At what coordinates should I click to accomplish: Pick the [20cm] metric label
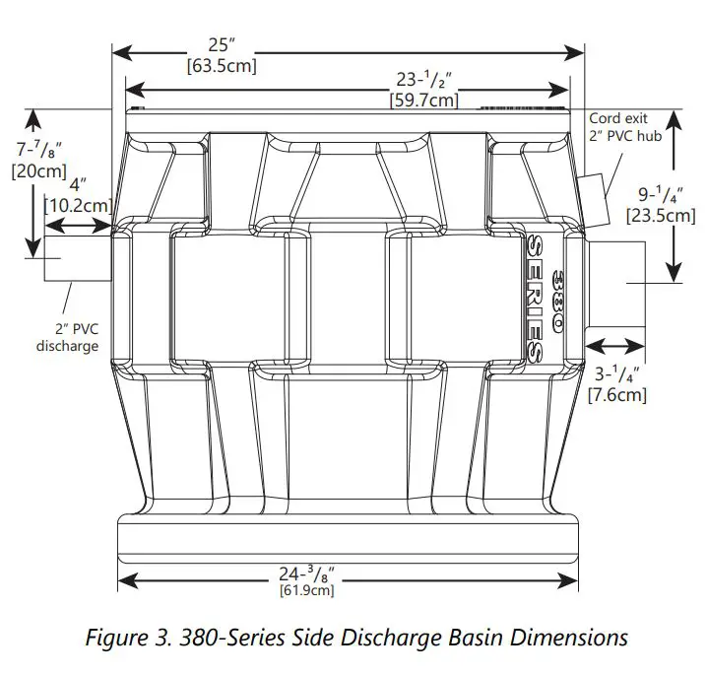[x=36, y=169]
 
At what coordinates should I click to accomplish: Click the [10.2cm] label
[x=79, y=204]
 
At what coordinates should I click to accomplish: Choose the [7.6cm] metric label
[x=616, y=395]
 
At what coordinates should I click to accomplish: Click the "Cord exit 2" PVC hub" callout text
[x=625, y=127]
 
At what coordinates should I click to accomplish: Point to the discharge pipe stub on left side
[x=77, y=267]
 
